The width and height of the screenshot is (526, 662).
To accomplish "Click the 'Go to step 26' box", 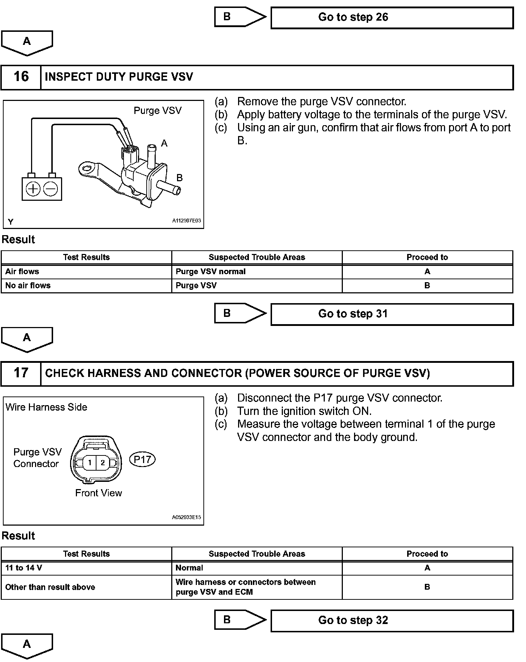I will click(x=392, y=18).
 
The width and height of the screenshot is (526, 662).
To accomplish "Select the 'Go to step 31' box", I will click(x=392, y=314).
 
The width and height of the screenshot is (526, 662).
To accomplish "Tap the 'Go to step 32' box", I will click(x=392, y=620).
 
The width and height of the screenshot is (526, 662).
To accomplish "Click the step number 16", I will click(x=21, y=77).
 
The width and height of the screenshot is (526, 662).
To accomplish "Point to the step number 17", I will click(x=21, y=373).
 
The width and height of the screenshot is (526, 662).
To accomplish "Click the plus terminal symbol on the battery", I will click(x=33, y=189).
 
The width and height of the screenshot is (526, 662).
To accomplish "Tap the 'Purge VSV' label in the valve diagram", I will click(x=158, y=111).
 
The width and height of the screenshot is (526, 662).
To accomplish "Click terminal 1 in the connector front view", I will click(x=90, y=462).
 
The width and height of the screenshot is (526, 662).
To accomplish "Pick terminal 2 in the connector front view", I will click(x=103, y=462).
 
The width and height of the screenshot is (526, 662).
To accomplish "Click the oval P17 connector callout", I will click(x=142, y=459).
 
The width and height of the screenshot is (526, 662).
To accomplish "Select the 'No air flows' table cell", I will click(x=86, y=285).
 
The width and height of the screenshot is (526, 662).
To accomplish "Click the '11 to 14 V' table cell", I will click(x=86, y=568).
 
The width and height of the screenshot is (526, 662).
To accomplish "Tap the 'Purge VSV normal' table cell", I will click(x=256, y=272).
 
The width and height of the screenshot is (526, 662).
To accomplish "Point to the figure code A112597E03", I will click(x=186, y=221).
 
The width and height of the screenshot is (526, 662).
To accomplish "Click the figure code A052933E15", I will click(x=186, y=517).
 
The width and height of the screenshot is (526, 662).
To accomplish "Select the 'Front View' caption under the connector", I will click(x=99, y=493).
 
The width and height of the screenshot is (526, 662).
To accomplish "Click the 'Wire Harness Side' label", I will click(x=47, y=407).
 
